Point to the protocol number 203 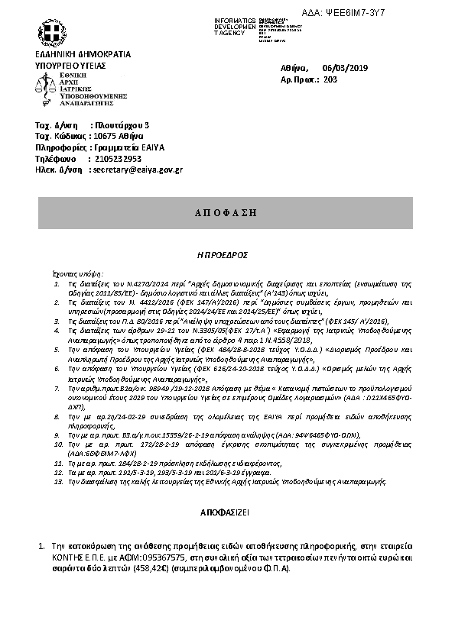[x=330, y=79]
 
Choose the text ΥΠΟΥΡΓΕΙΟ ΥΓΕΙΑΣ [x=70, y=66]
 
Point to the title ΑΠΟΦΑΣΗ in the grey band [x=227, y=212]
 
